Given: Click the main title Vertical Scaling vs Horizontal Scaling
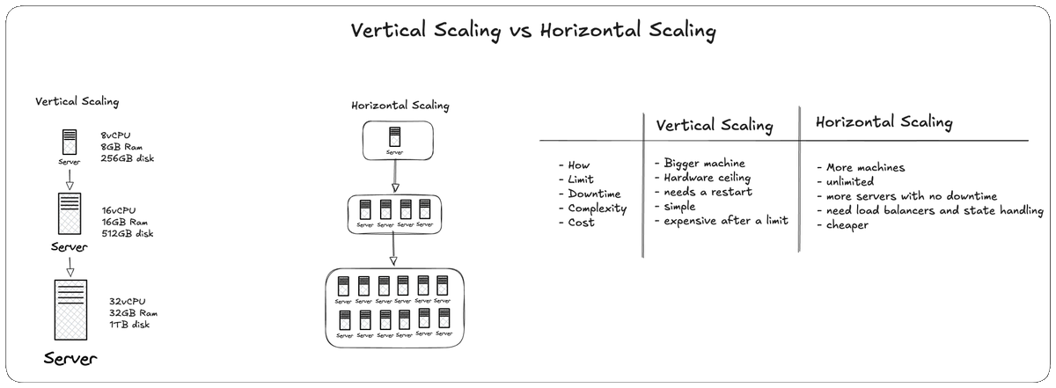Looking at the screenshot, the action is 533,31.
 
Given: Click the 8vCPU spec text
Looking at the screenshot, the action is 115,135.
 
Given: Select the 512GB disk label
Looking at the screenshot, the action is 128,233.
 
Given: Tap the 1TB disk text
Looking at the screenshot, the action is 129,325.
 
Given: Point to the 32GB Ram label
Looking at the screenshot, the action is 134,313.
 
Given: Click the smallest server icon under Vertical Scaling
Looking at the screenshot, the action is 70,142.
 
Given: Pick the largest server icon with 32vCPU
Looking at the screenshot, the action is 70,310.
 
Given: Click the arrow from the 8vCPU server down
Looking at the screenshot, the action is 70,179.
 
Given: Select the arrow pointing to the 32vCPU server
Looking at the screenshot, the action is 70,267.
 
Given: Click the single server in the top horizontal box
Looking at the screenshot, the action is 394,136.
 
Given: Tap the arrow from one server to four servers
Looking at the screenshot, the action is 395,176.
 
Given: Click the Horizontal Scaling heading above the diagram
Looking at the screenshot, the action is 400,105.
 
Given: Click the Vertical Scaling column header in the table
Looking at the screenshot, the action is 715,126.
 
